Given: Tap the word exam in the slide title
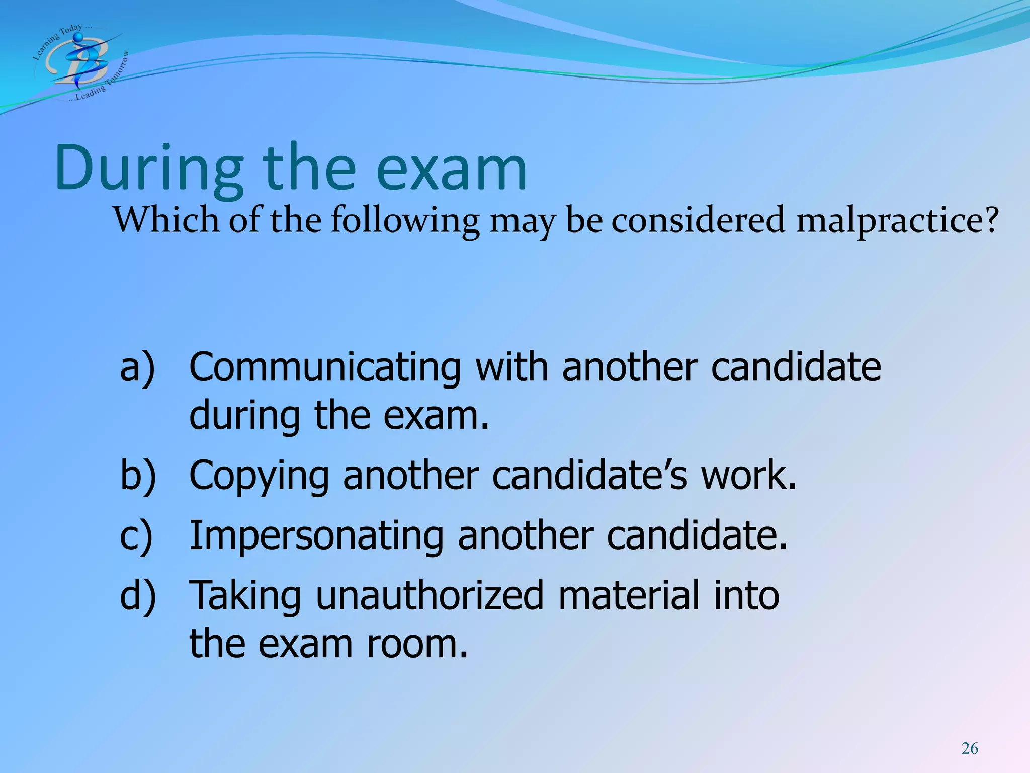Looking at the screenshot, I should pos(451,168).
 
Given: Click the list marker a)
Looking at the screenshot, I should pos(137,368).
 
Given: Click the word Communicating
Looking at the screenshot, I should pos(325,368).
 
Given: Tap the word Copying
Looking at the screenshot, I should pos(259,476).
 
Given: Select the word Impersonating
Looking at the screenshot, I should pos(316,535).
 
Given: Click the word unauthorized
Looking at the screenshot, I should pos(430,595).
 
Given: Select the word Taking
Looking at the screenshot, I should pos(245,596).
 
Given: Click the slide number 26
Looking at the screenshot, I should pos(970,748).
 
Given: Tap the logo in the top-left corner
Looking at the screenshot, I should pos(80,62).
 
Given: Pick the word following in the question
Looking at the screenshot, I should pos(405,221).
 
